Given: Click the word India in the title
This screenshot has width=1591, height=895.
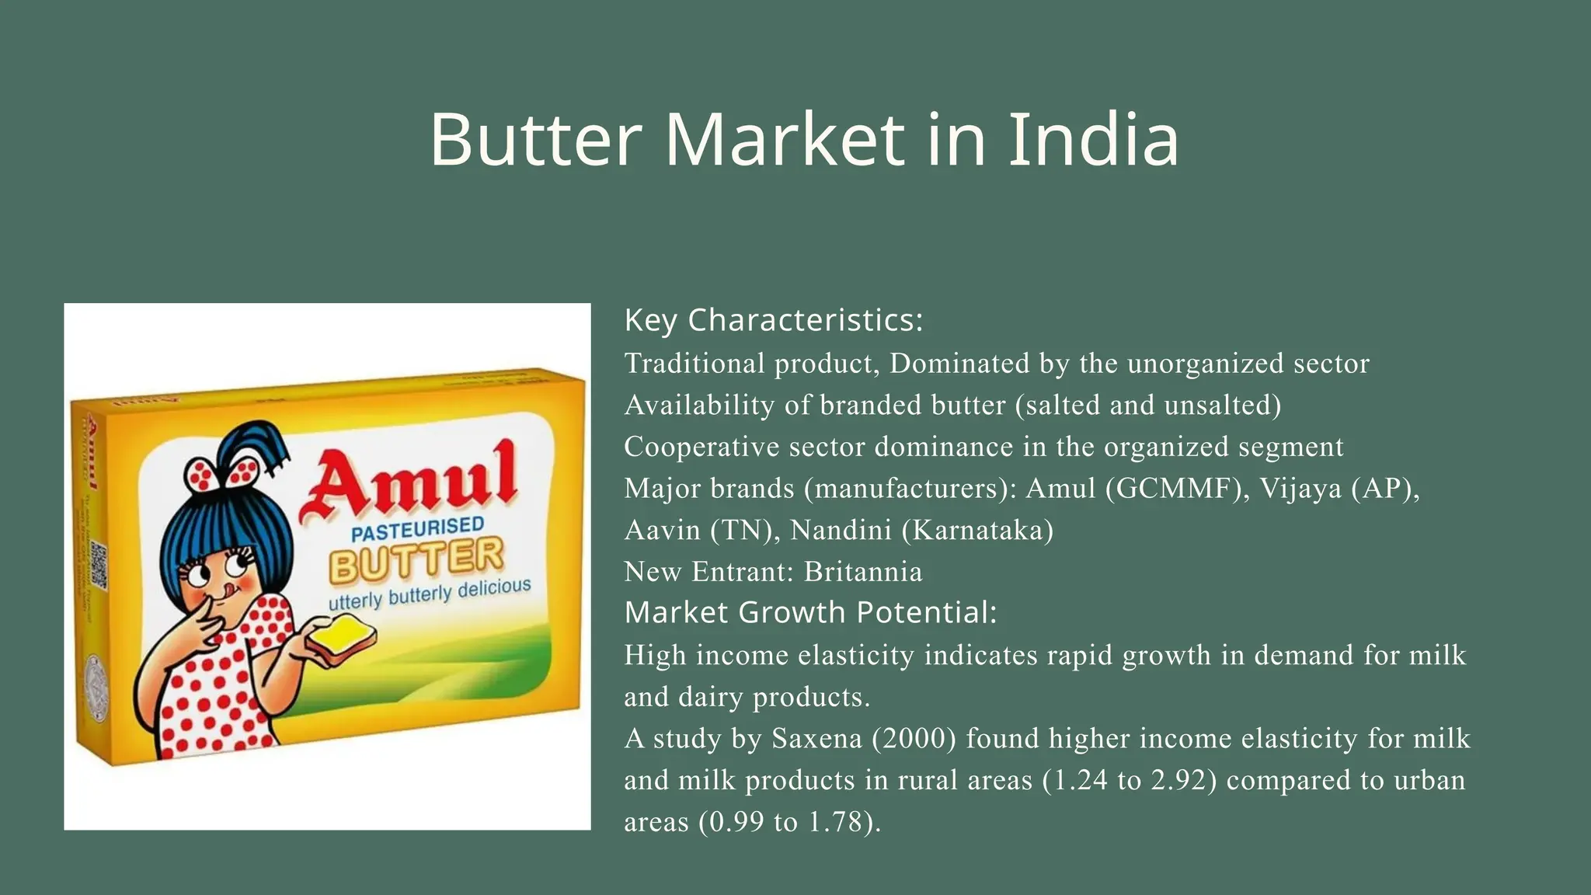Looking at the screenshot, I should [1094, 140].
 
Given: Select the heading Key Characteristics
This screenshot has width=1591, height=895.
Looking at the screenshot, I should [774, 320].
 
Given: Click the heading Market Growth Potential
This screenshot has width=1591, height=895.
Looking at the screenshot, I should [810, 612].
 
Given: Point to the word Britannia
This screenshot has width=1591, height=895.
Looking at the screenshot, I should [863, 572].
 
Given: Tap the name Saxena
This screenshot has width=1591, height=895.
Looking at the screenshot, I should [816, 738].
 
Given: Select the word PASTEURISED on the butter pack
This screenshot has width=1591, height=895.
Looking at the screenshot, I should [417, 529].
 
